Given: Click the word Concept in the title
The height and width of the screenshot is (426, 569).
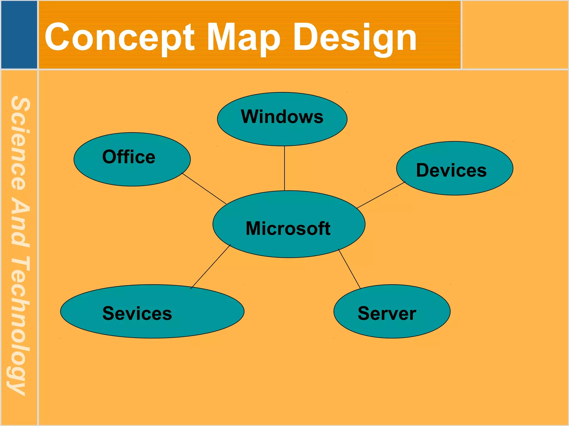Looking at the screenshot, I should pos(119,37).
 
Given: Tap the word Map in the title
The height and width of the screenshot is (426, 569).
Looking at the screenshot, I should pos(243,37).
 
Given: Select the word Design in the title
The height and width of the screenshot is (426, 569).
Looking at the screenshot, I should pos(355,37).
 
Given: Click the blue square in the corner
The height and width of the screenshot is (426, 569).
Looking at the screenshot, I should pos(19,34).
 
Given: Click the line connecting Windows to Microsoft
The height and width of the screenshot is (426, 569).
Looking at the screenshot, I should pos(284,168).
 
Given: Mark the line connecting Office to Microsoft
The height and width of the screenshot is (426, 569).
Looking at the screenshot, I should pos(204,189).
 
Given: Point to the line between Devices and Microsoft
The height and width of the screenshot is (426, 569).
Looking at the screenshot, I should pos(381,195).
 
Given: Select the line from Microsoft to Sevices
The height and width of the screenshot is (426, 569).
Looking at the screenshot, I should pos(211,267).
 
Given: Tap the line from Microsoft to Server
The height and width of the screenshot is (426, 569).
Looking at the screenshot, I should pos(350,269).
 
